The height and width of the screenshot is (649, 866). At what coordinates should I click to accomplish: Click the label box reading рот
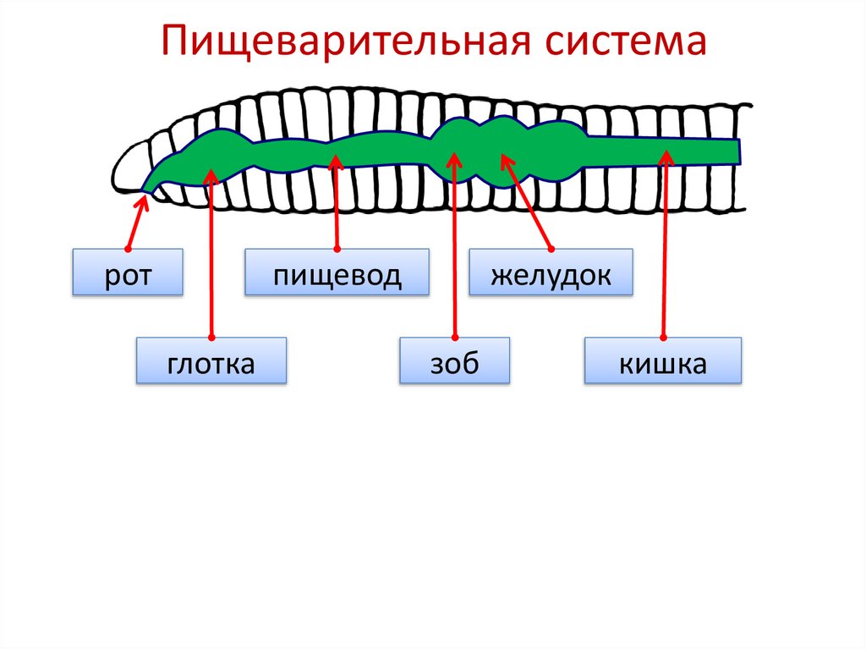point(128,272)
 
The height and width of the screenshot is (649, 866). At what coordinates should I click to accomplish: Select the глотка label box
point(211,361)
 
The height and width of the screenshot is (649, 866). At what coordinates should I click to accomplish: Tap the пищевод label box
point(337,272)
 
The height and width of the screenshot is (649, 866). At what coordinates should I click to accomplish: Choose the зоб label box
point(455,361)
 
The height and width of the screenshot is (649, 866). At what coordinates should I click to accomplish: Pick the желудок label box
point(551,272)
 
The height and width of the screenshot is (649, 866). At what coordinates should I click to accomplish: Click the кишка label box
point(663,361)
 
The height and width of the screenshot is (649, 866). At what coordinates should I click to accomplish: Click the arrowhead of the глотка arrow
point(211,173)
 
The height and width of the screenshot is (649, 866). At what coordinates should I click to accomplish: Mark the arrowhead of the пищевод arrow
point(337,160)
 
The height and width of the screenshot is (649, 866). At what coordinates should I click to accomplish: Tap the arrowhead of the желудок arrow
point(505,157)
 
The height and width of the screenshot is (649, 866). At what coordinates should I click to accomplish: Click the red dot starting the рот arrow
point(127,249)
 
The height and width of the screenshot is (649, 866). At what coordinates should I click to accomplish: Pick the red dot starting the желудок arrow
point(551,249)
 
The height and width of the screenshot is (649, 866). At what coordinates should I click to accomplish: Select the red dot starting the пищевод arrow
point(337,249)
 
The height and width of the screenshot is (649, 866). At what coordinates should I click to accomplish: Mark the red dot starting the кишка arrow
point(663,338)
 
